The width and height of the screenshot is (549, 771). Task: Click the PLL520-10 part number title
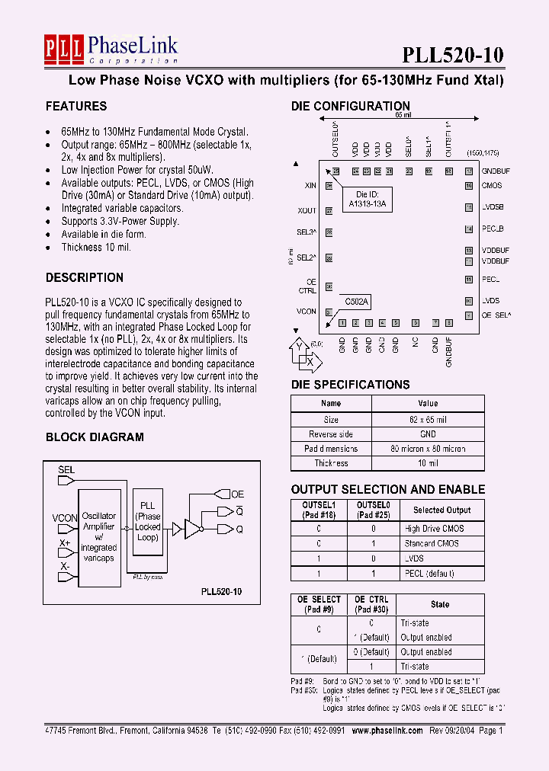point(452,54)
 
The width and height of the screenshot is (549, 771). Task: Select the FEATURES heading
point(76,106)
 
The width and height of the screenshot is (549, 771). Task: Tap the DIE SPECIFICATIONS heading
point(350,385)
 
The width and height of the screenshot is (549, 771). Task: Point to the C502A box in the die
point(356,302)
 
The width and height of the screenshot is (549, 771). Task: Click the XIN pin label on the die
point(310,185)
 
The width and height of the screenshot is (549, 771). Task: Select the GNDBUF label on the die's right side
point(496,172)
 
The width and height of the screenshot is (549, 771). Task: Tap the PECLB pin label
point(493,229)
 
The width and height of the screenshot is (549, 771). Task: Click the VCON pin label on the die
point(307,312)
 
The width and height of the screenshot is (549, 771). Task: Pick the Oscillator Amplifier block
point(98,537)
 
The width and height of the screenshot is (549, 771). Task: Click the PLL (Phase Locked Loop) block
point(148,521)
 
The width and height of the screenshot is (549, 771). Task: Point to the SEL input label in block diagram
point(66,470)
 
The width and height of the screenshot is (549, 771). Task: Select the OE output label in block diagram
point(237,494)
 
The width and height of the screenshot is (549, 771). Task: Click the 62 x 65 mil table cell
point(428,419)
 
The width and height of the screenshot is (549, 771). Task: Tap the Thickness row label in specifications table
point(331,463)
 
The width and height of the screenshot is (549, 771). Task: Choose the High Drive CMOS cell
point(433,529)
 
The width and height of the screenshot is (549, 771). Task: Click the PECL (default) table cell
point(428,573)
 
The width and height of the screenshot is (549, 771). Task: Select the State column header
point(440,604)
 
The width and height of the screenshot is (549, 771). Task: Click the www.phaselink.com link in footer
point(387,730)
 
